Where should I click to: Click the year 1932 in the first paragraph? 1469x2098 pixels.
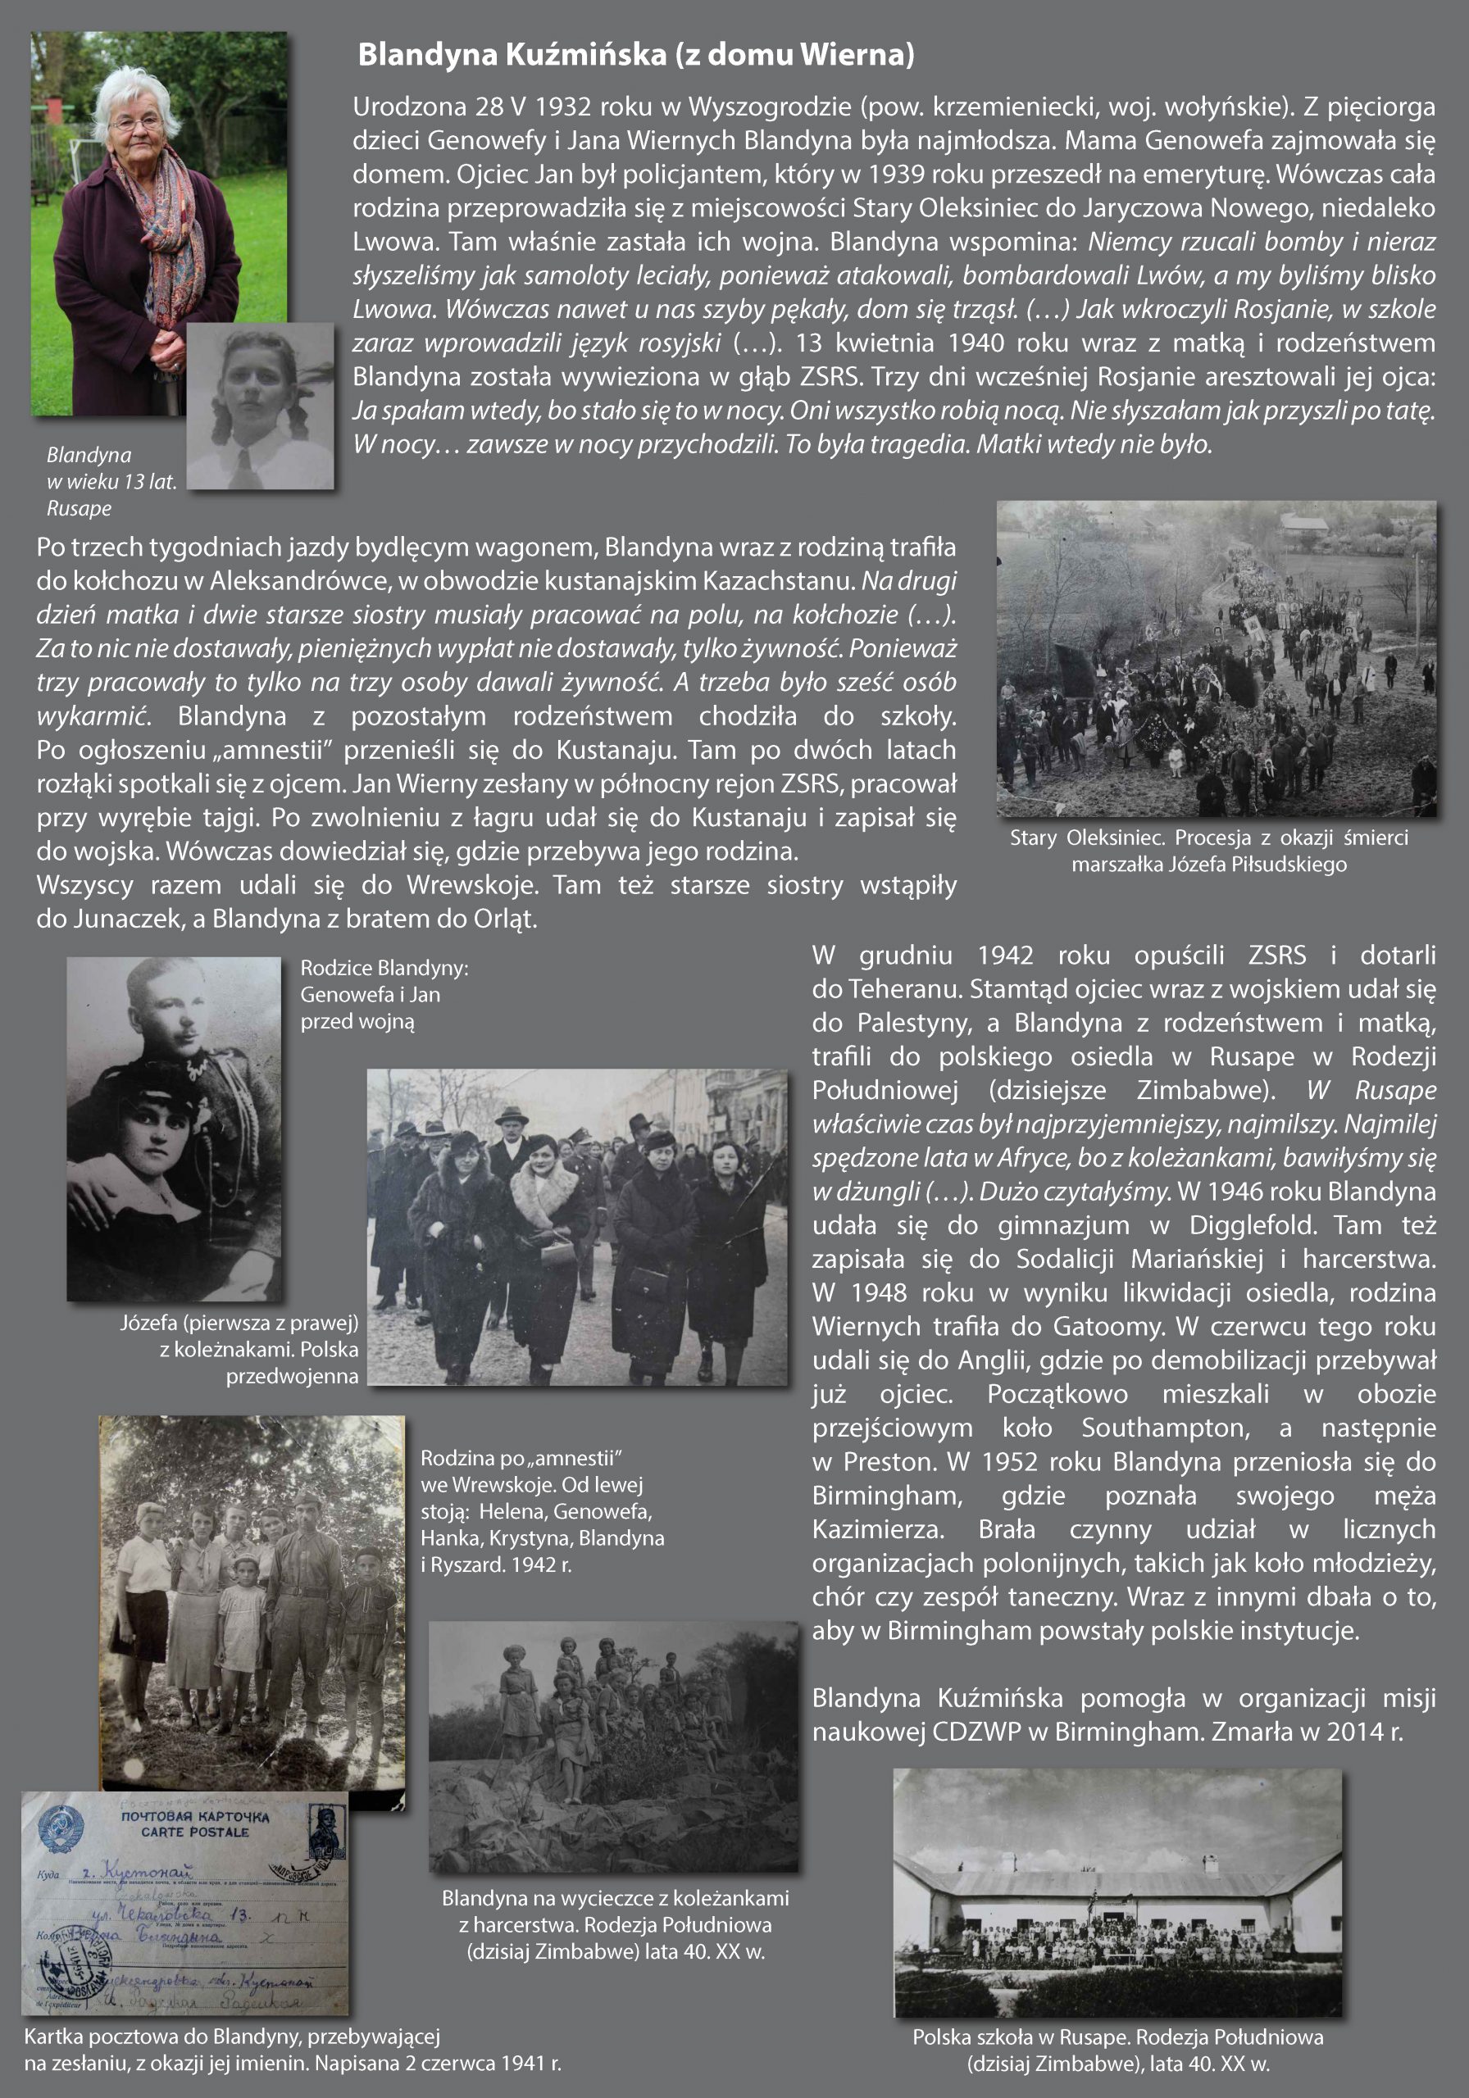click(x=564, y=107)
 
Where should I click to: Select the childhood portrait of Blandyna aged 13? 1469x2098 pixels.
click(x=261, y=406)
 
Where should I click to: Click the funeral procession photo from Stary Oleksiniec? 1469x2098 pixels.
click(x=1216, y=658)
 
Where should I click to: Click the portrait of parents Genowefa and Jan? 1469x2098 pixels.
click(x=174, y=1128)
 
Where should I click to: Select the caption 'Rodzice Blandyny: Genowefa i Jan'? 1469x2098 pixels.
click(x=384, y=994)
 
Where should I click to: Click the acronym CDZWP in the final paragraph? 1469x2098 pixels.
click(x=976, y=1732)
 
